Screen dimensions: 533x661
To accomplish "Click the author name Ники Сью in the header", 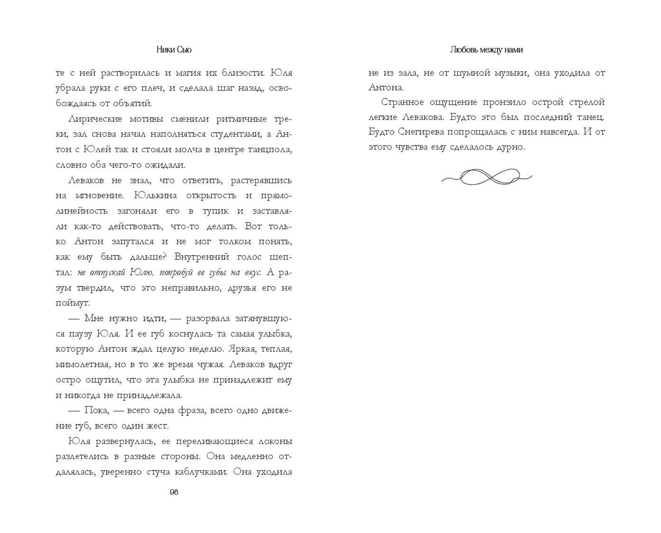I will (x=174, y=50).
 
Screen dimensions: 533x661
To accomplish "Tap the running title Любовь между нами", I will (x=487, y=50).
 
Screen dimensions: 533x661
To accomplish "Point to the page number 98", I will (x=174, y=492).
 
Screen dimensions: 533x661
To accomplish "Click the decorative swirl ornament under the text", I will (x=487, y=177).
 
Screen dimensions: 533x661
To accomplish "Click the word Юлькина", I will (x=156, y=196).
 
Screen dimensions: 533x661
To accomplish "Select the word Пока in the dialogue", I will (x=97, y=410).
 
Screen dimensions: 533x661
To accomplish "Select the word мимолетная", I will (x=82, y=364).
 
